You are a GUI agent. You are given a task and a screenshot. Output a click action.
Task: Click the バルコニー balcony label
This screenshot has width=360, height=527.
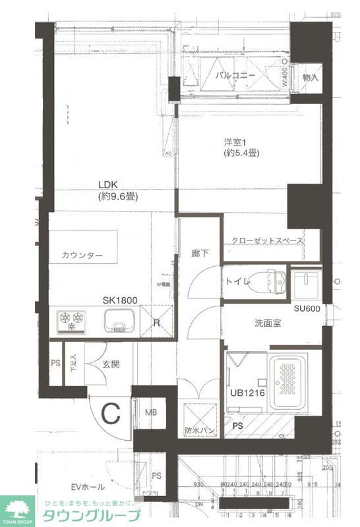[x=235, y=76]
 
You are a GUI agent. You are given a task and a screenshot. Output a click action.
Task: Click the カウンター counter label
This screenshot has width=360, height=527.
[x=82, y=256]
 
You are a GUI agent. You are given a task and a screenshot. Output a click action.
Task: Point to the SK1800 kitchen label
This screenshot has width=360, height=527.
[x=119, y=300]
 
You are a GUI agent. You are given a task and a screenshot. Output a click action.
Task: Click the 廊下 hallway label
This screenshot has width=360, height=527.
[x=200, y=252]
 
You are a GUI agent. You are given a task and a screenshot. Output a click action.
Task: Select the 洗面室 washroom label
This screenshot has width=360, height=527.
[x=268, y=323]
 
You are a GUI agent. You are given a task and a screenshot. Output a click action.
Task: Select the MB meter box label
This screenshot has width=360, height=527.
[x=151, y=412]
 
